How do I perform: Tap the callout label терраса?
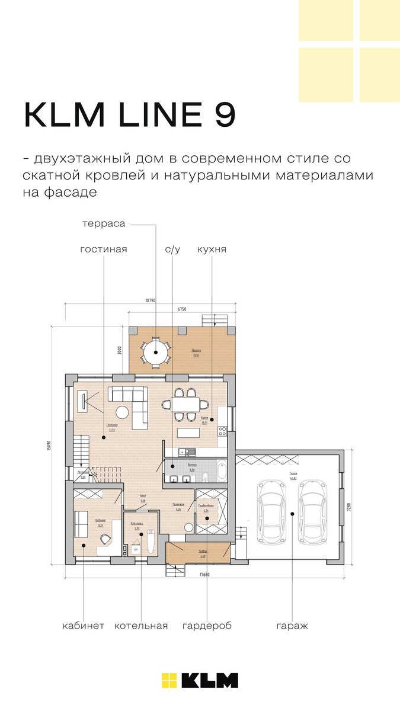point(104,223)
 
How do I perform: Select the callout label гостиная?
point(104,249)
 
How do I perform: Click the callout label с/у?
point(172,249)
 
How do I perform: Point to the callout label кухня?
point(212,249)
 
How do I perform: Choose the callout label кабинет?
point(84,626)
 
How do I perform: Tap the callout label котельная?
point(141,626)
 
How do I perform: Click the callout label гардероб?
point(207,626)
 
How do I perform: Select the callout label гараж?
point(292,626)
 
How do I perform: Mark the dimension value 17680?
point(204,575)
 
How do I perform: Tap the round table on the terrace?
point(155,352)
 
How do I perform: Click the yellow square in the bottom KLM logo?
point(169,680)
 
